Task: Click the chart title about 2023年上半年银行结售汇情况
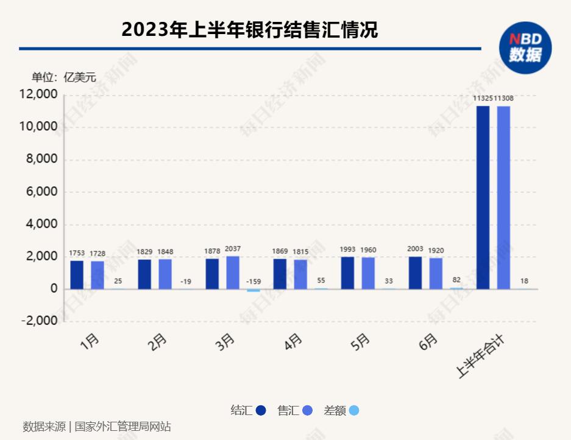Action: pos(249,29)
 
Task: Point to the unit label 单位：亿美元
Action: pos(64,77)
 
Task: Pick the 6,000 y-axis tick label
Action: pos(40,192)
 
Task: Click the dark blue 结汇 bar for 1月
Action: pos(77,274)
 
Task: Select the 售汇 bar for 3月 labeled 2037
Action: pos(232,272)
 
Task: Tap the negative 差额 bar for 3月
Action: pos(253,291)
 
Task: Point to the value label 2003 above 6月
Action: pos(416,250)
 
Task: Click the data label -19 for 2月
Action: pos(185,281)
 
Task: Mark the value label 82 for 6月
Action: pos(456,279)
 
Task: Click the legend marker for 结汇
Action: pos(261,411)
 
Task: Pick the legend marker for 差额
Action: pos(354,411)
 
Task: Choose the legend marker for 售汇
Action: pos(308,411)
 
